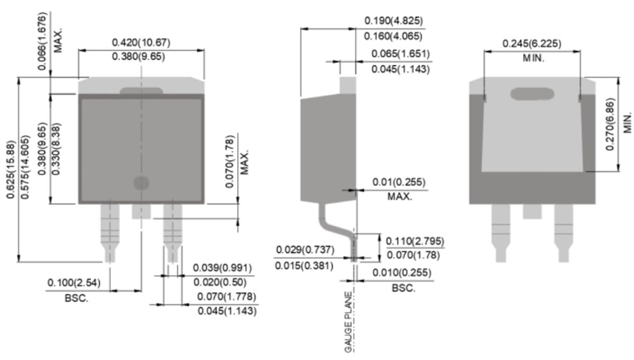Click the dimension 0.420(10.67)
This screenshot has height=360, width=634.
(x=141, y=42)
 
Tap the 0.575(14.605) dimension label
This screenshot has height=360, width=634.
(x=25, y=167)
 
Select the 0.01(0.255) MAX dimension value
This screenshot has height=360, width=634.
(x=399, y=183)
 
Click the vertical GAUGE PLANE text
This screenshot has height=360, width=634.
(x=348, y=322)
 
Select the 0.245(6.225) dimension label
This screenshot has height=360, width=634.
(x=533, y=43)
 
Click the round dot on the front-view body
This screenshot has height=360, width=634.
(x=141, y=183)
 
